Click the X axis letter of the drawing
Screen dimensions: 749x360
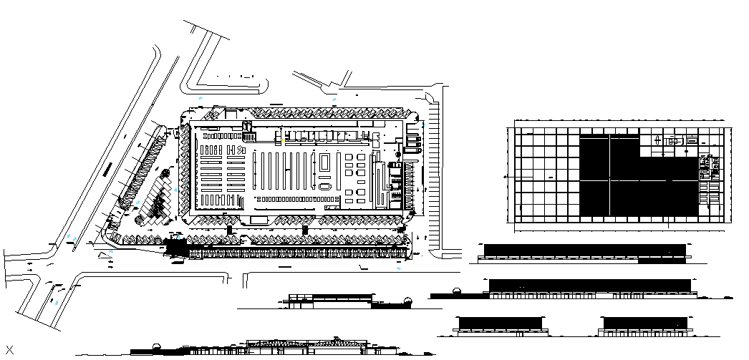pyautogui.click(x=10, y=350)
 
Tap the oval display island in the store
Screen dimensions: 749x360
pyautogui.click(x=325, y=187)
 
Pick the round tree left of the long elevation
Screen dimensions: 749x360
pyautogui.click(x=455, y=290)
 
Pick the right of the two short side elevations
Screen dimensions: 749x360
pyautogui.click(x=644, y=324)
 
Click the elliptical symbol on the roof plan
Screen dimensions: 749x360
pyautogui.click(x=673, y=142)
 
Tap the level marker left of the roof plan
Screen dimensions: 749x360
pyautogui.click(x=507, y=176)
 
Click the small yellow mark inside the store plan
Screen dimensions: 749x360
pyautogui.click(x=284, y=142)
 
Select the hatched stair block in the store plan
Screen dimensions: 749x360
pyautogui.click(x=249, y=137)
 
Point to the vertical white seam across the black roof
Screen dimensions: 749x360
pyautogui.click(x=610, y=175)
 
